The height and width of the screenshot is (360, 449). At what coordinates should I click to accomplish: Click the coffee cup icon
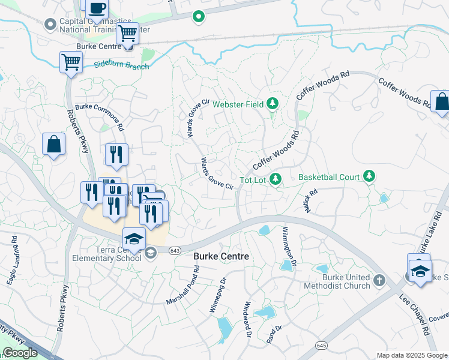(x=97, y=8)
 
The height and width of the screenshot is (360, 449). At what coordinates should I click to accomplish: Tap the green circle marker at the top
(x=198, y=17)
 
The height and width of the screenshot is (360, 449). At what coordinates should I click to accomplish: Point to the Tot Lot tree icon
(x=275, y=179)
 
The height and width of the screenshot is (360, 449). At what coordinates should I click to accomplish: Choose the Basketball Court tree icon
(x=370, y=176)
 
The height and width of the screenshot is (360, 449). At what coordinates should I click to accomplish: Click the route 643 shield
(x=175, y=250)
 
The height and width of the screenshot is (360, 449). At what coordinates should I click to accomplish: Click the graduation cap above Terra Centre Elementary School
(x=134, y=238)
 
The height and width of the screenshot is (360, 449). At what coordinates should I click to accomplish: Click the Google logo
(x=20, y=353)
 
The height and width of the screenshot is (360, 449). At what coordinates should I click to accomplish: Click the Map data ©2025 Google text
(x=411, y=355)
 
